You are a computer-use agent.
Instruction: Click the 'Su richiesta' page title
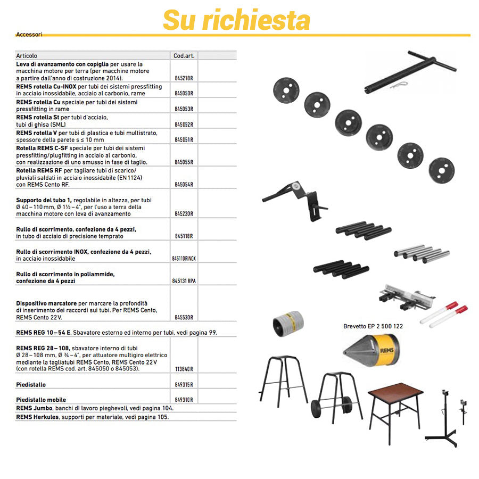[236, 20]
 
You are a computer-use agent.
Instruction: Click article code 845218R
[184, 78]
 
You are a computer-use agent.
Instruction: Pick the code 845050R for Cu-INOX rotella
[184, 93]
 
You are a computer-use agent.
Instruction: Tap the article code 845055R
[184, 162]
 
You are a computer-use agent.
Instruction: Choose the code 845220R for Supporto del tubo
[184, 213]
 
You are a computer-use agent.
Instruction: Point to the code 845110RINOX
[184, 258]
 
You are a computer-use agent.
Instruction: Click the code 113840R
[184, 369]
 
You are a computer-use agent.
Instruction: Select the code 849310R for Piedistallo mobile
[184, 399]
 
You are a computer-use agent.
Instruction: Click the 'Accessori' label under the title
[29, 34]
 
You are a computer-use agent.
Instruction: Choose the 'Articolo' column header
[27, 55]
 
